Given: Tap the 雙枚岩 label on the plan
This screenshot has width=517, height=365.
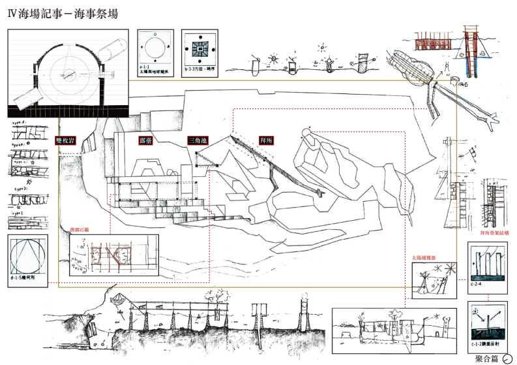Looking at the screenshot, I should tap(67, 140).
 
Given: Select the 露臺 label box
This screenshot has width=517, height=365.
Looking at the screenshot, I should tap(145, 140).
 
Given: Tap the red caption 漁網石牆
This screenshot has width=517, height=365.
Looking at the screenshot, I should tap(80, 229).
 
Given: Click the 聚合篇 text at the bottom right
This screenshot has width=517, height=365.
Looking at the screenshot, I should tap(487, 358).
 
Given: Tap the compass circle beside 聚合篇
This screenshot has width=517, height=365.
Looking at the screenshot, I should tap(507, 358).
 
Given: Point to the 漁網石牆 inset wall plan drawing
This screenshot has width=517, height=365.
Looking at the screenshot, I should tap(115, 255).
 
